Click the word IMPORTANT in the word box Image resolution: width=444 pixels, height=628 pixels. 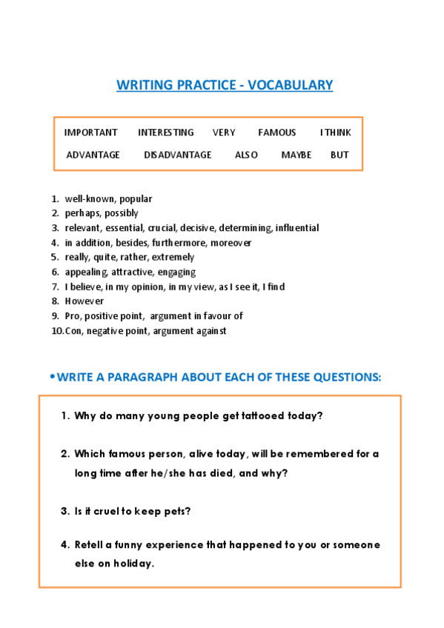tap(90, 133)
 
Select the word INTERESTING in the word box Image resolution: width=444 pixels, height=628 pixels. tap(165, 133)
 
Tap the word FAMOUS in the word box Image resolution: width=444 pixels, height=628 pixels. tap(276, 133)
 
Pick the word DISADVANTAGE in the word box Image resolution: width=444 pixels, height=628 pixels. tap(177, 155)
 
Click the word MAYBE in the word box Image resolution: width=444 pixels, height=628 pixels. tap(296, 155)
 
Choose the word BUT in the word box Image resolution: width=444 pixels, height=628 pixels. tap(339, 155)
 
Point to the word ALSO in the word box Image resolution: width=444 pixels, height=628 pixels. tap(246, 155)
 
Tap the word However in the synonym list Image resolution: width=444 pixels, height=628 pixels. tap(84, 301)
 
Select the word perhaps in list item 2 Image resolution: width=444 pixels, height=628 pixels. tap(82, 213)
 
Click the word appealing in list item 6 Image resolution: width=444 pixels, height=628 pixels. tap(85, 273)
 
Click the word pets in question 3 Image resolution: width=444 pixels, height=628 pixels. tap(178, 511)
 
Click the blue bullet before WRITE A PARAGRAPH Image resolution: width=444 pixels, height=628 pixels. tap(52, 377)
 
